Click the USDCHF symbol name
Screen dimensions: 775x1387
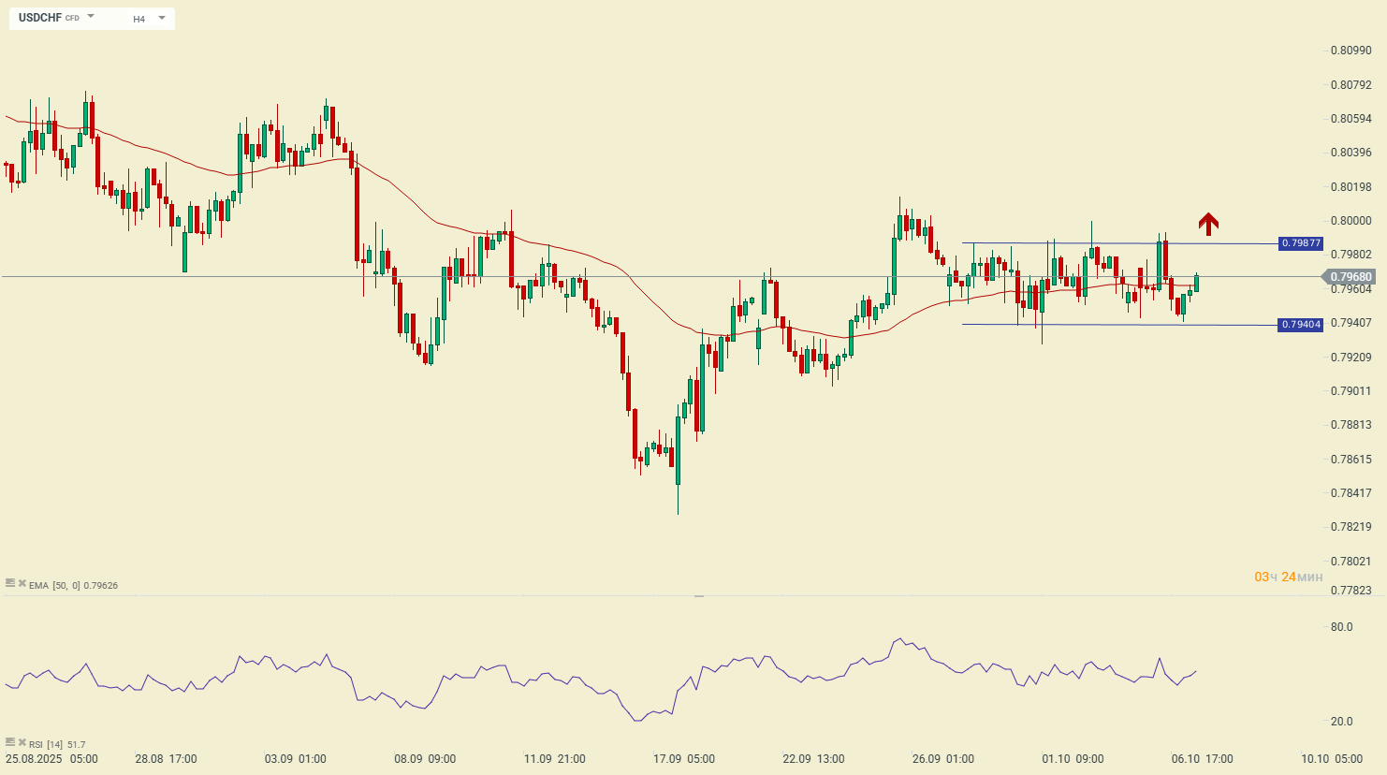(x=40, y=18)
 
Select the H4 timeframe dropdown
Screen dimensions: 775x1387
(x=148, y=19)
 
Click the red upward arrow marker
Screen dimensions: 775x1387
(x=1208, y=223)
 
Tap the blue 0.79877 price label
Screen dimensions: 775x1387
(x=1301, y=243)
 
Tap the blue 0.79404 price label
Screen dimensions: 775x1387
(x=1301, y=325)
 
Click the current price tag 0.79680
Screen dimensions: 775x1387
(x=1350, y=277)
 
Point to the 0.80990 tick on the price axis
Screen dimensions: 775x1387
(x=1350, y=51)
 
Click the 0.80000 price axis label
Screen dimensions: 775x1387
(x=1350, y=221)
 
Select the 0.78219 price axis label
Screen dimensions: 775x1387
(x=1350, y=527)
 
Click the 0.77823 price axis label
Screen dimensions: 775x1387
(x=1350, y=590)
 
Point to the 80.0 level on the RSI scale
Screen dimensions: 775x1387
(x=1341, y=627)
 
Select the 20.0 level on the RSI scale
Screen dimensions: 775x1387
(x=1341, y=722)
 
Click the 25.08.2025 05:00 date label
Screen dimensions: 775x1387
(x=51, y=759)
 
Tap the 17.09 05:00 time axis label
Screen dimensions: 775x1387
(x=684, y=759)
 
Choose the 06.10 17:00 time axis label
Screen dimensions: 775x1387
(x=1203, y=759)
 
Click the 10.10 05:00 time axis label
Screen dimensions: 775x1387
(x=1332, y=759)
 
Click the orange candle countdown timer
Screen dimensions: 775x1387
(x=1289, y=577)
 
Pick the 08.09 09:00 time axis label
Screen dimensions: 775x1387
(x=425, y=759)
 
